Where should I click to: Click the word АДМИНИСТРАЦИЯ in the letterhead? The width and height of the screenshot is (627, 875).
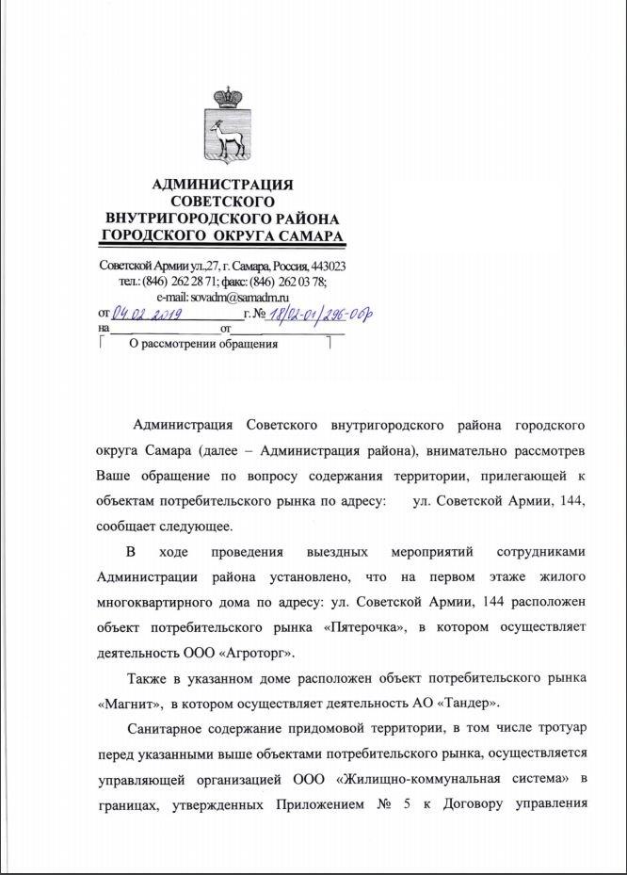pyautogui.click(x=222, y=185)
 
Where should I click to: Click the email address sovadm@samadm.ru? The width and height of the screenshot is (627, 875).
pyautogui.click(x=236, y=296)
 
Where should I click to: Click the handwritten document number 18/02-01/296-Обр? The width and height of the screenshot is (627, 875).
pyautogui.click(x=318, y=313)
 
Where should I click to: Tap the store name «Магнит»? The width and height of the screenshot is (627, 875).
pyautogui.click(x=126, y=703)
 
